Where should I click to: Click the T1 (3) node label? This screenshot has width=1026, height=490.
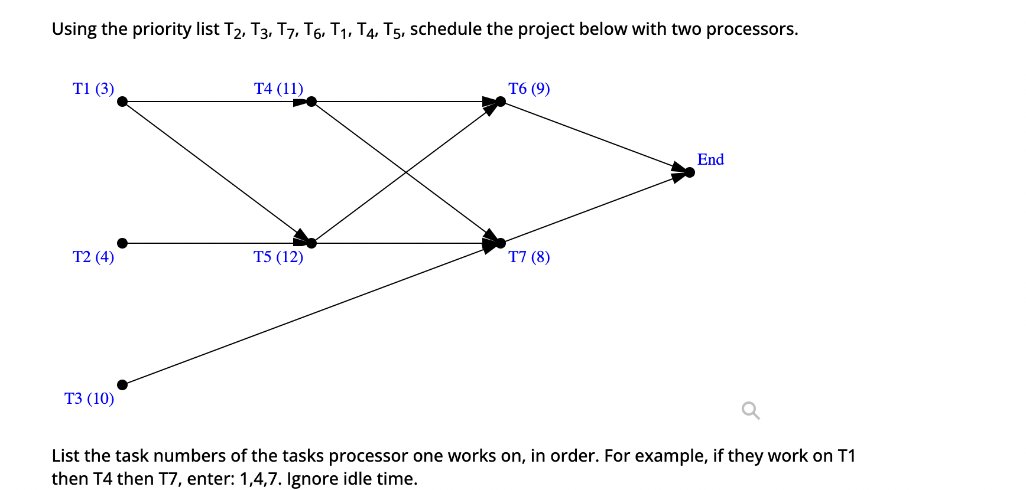pos(93,89)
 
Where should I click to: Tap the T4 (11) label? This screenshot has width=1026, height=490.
pos(278,89)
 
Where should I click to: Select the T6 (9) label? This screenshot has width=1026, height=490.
pos(529,89)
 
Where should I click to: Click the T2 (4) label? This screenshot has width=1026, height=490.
pos(93,257)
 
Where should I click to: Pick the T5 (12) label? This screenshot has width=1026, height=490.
pos(278,257)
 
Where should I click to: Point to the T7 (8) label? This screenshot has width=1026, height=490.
pos(529,257)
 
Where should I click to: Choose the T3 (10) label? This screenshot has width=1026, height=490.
pos(89,398)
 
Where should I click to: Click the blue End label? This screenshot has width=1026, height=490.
pos(710,159)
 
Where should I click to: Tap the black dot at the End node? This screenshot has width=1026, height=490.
pos(689,172)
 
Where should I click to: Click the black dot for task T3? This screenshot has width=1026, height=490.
pos(122,385)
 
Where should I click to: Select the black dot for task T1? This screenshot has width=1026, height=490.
pos(122,102)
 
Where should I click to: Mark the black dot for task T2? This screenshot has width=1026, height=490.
pos(122,243)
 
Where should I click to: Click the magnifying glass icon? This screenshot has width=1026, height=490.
pos(751,410)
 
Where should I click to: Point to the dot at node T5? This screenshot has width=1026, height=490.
pos(311,243)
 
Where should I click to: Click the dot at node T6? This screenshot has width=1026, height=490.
pos(501,102)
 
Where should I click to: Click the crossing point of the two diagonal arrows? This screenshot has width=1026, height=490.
pos(406,172)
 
